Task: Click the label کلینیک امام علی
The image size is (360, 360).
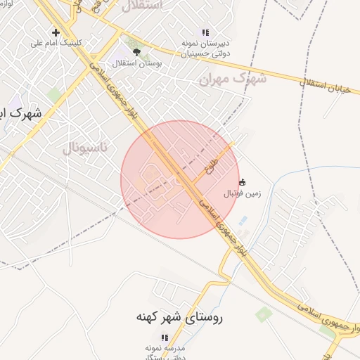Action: click(x=56, y=43)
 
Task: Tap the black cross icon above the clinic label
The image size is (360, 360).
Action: click(x=56, y=32)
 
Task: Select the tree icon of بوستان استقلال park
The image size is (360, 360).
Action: click(x=136, y=51)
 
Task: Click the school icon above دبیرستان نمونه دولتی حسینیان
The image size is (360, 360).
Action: click(x=205, y=32)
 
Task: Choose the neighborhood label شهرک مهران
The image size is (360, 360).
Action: click(x=231, y=79)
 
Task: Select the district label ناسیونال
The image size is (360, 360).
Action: click(x=85, y=148)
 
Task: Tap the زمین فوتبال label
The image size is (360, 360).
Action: click(x=242, y=193)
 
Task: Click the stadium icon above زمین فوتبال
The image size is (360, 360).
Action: click(x=243, y=182)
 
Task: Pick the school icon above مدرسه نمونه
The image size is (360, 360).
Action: click(x=165, y=337)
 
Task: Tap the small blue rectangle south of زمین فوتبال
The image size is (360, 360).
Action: click(x=243, y=221)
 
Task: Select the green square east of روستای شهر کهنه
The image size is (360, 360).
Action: click(x=263, y=314)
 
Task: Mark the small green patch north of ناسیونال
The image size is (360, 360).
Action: click(x=54, y=94)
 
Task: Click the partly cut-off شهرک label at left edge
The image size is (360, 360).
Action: click(x=20, y=112)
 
